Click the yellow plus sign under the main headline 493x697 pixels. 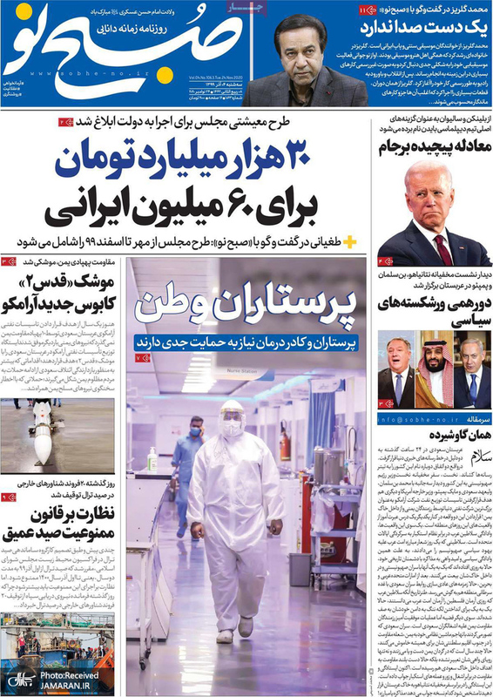coord(349,240)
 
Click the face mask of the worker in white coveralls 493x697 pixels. coord(232,429)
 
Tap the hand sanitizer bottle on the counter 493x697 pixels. coord(153,458)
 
